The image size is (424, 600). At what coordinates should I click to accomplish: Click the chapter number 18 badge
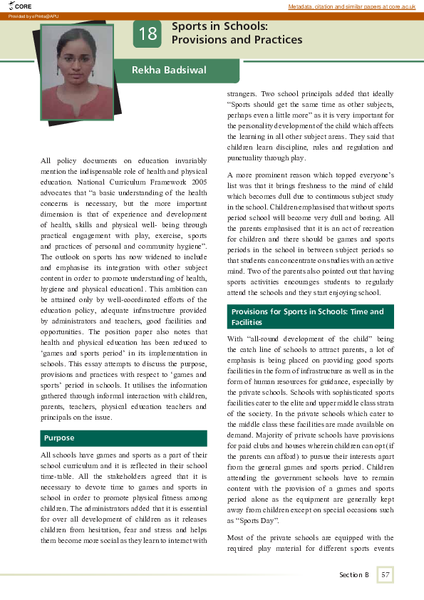148,33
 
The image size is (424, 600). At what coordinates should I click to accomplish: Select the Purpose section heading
60,438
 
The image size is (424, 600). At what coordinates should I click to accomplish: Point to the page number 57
386,574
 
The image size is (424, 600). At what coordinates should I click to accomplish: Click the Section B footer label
354,574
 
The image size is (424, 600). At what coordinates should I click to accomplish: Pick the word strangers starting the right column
242,94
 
